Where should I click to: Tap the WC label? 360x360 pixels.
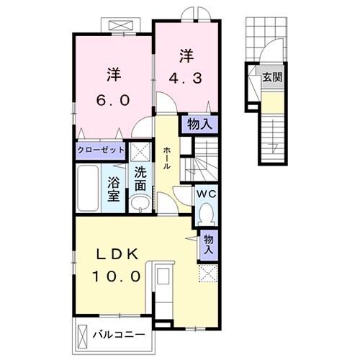click(204, 193)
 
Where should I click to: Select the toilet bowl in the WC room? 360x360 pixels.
click(207, 214)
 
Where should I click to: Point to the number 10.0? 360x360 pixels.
click(121, 276)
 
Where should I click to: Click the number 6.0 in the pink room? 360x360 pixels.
click(113, 100)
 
